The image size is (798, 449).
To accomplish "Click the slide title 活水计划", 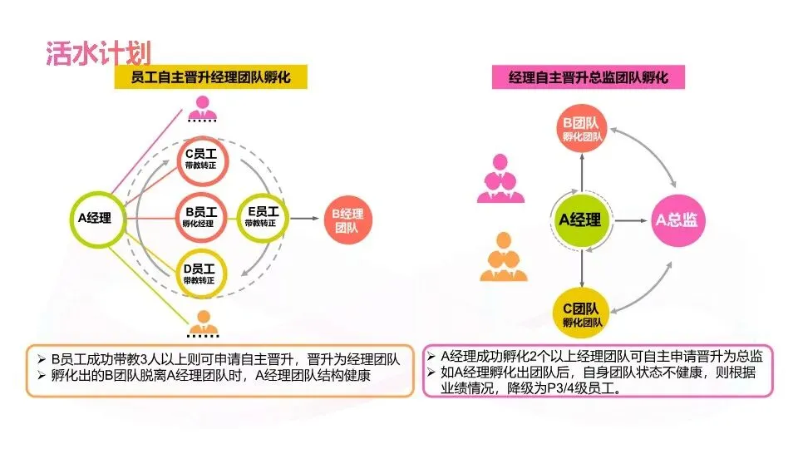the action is [x=99, y=52].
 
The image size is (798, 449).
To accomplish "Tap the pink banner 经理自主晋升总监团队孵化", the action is [x=589, y=78].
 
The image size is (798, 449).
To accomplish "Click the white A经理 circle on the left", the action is [x=95, y=220].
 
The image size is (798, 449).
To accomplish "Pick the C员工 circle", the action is [x=199, y=159].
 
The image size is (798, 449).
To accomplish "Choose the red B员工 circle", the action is [x=199, y=218].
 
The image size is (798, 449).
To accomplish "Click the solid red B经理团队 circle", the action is [x=347, y=219].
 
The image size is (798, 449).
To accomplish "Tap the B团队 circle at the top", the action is [x=583, y=131].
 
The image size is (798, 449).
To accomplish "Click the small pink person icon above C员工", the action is [x=200, y=107].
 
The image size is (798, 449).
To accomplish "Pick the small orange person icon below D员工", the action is [x=200, y=322].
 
